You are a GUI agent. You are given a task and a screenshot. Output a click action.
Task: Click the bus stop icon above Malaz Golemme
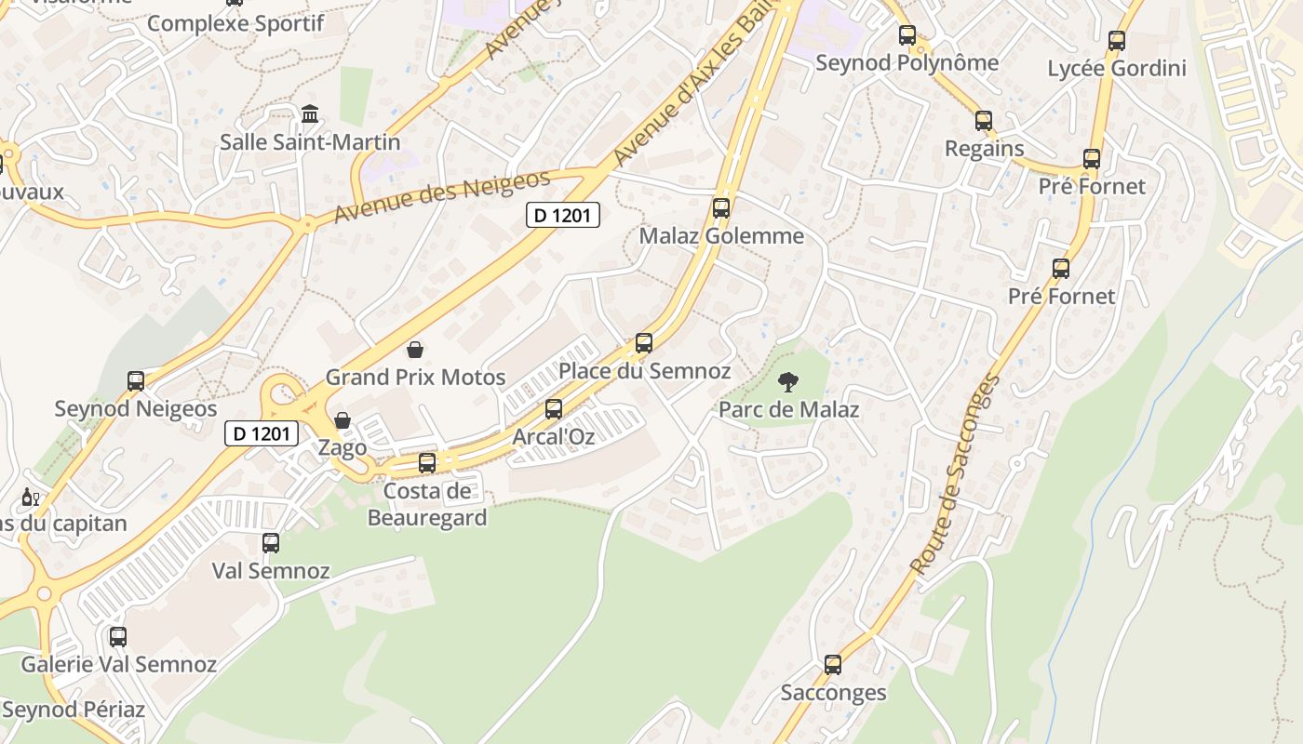pyautogui.click(x=721, y=208)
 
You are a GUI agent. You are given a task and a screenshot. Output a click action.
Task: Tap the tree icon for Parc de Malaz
pyautogui.click(x=788, y=381)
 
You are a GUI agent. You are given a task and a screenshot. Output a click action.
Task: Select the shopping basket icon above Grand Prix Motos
pyautogui.click(x=415, y=350)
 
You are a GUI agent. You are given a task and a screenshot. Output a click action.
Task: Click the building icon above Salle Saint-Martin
pyautogui.click(x=310, y=114)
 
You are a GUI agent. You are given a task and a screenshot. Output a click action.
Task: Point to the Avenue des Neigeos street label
pyautogui.click(x=442, y=195)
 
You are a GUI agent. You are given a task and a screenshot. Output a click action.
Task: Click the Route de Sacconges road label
pyautogui.click(x=956, y=474)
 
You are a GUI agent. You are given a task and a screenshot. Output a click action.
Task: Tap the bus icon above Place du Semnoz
pyautogui.click(x=644, y=342)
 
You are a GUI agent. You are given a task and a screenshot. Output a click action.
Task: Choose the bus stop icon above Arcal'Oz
pyautogui.click(x=554, y=408)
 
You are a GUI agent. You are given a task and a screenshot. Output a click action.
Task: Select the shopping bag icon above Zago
pyautogui.click(x=343, y=420)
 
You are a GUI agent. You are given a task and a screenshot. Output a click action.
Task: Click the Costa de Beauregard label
pyautogui.click(x=427, y=504)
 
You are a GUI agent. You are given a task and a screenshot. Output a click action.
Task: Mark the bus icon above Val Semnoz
pyautogui.click(x=271, y=542)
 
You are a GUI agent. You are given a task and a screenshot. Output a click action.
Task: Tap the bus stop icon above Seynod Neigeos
pyautogui.click(x=136, y=380)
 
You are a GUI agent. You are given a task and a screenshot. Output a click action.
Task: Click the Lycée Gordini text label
pyautogui.click(x=1117, y=68)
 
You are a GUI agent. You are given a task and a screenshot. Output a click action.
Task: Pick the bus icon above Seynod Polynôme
pyautogui.click(x=907, y=35)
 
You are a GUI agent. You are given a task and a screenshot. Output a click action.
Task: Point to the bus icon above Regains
pyautogui.click(x=984, y=120)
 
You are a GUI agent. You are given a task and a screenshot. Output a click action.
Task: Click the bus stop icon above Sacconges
pyautogui.click(x=833, y=665)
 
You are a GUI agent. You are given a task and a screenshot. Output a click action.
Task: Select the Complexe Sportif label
pyautogui.click(x=235, y=23)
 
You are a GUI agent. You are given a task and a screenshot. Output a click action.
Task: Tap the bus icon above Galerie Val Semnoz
pyautogui.click(x=118, y=637)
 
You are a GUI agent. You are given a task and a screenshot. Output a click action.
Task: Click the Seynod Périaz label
pyautogui.click(x=74, y=710)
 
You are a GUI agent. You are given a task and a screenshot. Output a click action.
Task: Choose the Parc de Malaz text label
pyautogui.click(x=788, y=409)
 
